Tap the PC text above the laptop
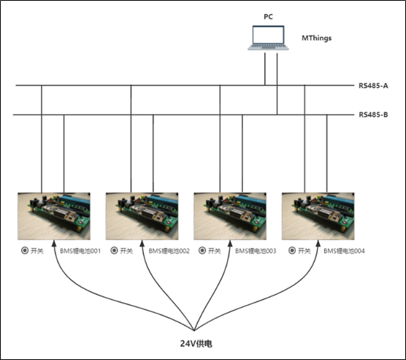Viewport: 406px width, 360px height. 268,15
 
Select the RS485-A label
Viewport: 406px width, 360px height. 372,86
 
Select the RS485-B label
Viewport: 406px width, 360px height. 372,115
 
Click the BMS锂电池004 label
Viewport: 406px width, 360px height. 344,250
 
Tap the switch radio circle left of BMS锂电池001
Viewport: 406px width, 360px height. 26,250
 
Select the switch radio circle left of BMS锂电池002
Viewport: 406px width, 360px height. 113,250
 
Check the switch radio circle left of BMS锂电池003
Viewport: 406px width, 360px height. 201,250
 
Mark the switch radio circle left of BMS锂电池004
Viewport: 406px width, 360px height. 289,250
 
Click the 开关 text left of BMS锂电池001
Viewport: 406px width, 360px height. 40,250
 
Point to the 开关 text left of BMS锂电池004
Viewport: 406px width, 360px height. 303,250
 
